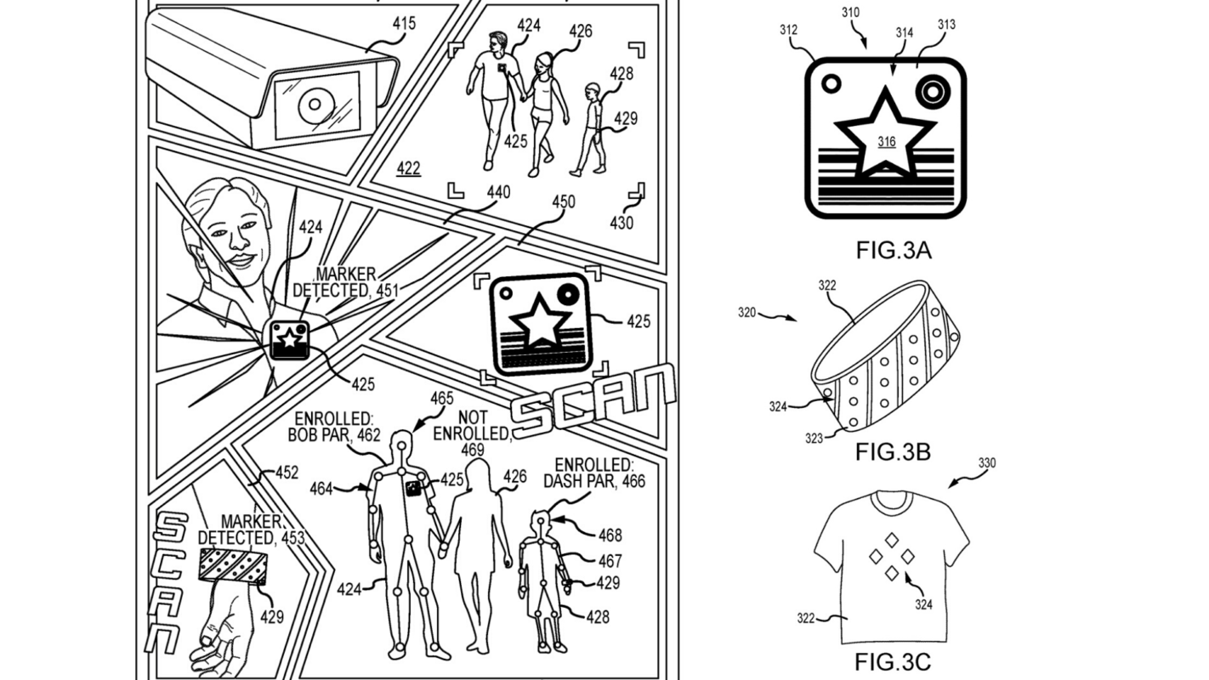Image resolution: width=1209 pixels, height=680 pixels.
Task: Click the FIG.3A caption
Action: click(894, 251)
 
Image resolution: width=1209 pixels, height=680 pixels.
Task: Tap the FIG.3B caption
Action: click(893, 451)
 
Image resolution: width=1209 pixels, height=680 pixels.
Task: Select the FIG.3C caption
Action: click(893, 662)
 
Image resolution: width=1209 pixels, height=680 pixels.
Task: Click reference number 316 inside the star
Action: click(887, 142)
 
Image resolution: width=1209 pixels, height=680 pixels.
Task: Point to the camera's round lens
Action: click(315, 105)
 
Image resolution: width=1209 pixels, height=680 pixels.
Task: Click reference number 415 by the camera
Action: click(403, 23)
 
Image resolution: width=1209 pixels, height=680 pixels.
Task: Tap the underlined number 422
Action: click(408, 168)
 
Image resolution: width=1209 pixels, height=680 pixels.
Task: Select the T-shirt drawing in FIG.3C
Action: click(890, 565)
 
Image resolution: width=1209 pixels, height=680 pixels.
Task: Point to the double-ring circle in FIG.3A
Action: click(931, 88)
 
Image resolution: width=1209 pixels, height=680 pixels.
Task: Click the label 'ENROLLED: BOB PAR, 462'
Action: click(337, 428)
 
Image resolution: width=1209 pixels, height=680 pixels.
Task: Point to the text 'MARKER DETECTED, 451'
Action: click(347, 282)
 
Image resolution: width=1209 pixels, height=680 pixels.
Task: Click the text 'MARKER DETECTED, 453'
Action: click(251, 529)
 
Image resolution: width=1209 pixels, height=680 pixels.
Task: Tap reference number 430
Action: click(622, 223)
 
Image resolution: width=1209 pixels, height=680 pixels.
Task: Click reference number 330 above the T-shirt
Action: click(986, 463)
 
